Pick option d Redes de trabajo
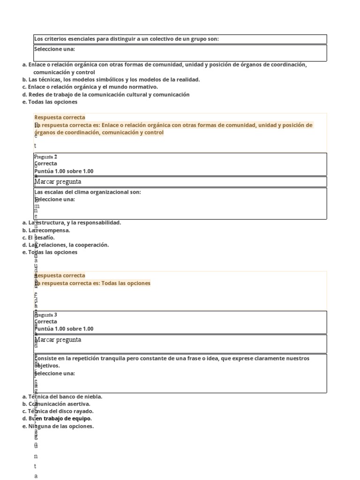[x=106, y=94]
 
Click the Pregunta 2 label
[x=46, y=157]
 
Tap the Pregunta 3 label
[x=46, y=315]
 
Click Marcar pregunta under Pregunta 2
[x=58, y=181]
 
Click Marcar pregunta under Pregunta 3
[x=58, y=339]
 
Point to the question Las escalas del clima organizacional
[x=88, y=192]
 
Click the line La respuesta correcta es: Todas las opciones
[x=93, y=283]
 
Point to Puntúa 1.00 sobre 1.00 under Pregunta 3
[x=64, y=329]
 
